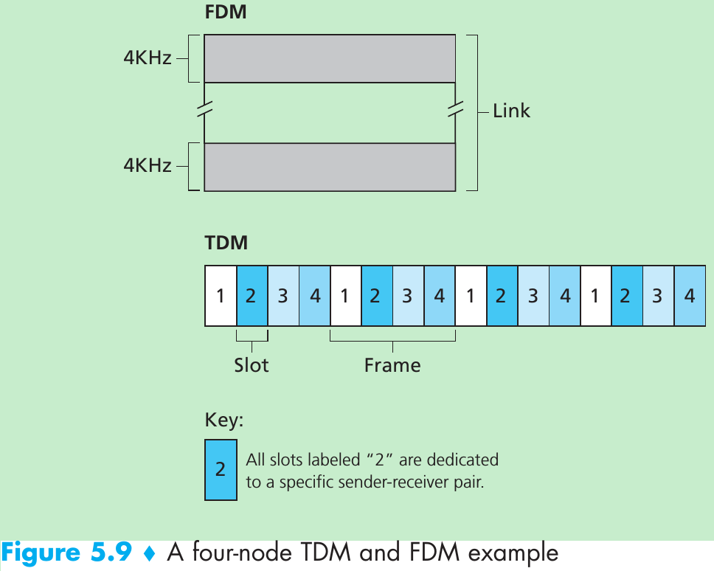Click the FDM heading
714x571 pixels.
(x=226, y=13)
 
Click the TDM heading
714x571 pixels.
(x=226, y=242)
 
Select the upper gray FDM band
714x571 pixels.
(x=330, y=58)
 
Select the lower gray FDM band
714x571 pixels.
(x=330, y=167)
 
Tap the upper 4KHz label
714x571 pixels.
(x=148, y=58)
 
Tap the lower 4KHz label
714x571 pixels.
(x=148, y=165)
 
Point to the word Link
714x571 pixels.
(x=511, y=111)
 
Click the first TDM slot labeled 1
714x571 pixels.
(x=221, y=296)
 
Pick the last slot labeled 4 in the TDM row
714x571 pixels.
(x=690, y=296)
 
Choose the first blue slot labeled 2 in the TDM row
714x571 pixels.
(x=252, y=296)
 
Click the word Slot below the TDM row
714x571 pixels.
(x=252, y=364)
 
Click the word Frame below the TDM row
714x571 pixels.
(x=392, y=364)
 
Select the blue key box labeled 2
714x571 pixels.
(x=221, y=470)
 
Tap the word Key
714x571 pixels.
(x=223, y=421)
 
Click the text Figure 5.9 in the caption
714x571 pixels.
(x=66, y=553)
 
